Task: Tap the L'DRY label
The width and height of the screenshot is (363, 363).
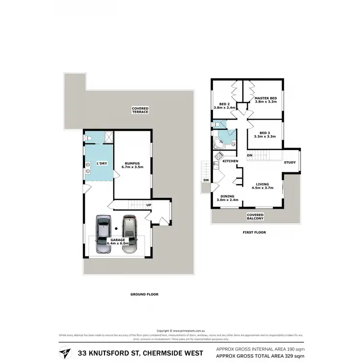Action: click(x=102, y=164)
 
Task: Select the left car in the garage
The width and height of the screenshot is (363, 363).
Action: click(x=103, y=234)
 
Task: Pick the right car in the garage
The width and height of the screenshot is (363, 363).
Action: click(x=129, y=234)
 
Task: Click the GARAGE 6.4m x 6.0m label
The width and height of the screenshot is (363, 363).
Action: click(x=117, y=242)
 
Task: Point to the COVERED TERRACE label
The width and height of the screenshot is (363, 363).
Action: click(x=141, y=110)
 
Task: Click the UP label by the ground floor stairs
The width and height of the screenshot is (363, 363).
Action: click(x=149, y=205)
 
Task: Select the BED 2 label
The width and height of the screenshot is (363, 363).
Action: click(x=224, y=106)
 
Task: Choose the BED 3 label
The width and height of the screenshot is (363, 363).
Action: click(x=264, y=134)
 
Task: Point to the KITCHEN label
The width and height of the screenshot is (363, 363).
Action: click(x=230, y=161)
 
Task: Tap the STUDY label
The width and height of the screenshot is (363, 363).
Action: click(x=290, y=163)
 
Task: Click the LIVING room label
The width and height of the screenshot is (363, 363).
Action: click(x=263, y=186)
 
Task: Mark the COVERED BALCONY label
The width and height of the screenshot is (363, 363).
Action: click(x=255, y=216)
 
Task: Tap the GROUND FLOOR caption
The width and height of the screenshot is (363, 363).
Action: click(x=145, y=294)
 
